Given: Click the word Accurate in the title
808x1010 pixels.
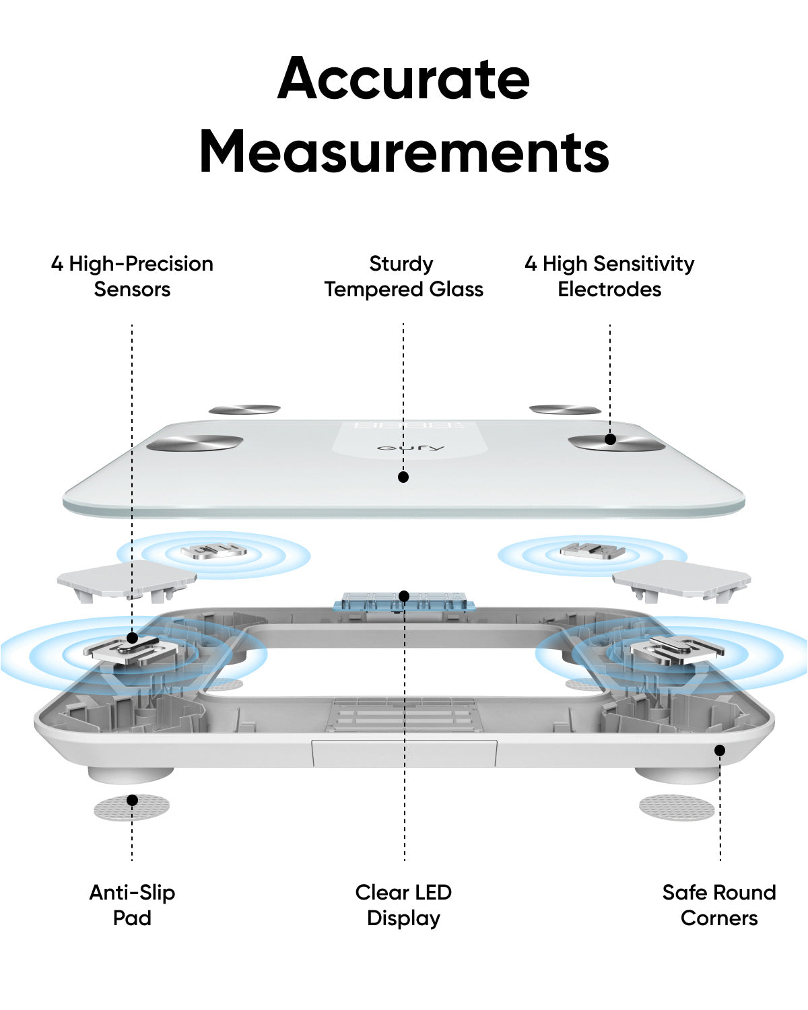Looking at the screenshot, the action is point(403,78).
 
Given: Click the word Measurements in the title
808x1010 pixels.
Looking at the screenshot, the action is point(404,151).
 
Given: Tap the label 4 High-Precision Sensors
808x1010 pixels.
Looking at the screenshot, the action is point(132,276).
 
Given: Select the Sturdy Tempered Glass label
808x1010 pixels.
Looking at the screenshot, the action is point(403,276).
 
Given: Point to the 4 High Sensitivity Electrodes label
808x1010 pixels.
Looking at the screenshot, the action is point(609,276).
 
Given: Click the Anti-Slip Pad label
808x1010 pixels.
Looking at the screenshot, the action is point(132,905).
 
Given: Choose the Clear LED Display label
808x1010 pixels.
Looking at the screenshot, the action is point(403,905).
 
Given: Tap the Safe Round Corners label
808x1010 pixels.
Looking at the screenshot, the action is point(719,905).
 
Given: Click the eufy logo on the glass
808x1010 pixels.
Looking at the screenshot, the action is point(410,447).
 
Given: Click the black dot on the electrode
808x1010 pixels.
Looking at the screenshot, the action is point(610,439).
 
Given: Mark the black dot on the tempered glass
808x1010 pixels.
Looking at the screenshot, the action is point(403,477).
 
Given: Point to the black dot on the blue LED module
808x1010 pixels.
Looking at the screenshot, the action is point(404,597).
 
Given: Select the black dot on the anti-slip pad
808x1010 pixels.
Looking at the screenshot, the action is point(133,800).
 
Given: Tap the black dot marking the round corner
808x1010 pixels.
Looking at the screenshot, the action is point(720,751).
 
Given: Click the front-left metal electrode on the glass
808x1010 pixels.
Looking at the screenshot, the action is point(195,442).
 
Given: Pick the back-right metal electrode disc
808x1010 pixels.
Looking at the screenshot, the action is point(565,409).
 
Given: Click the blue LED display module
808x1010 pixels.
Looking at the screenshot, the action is point(404,601).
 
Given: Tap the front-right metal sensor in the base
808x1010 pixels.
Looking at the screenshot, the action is point(677,650).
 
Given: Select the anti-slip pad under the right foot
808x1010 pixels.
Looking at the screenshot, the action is point(677,807).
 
